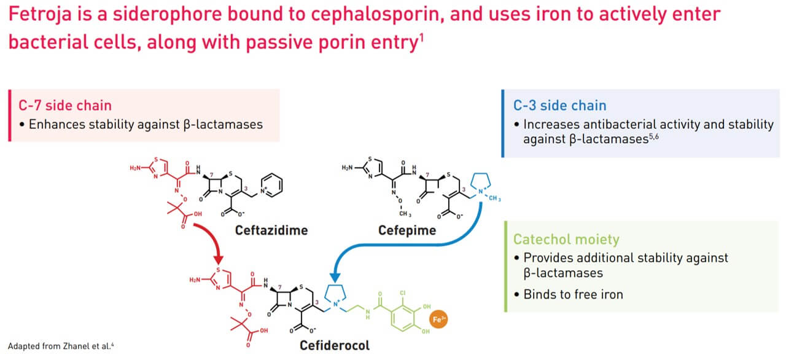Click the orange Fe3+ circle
438,319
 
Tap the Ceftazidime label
271,230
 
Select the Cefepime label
407,230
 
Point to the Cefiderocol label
335,345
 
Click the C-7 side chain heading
65,105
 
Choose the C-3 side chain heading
559,105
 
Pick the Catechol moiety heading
566,240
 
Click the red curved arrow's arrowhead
218,260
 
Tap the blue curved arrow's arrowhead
335,278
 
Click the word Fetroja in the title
41,14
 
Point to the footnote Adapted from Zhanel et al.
61,346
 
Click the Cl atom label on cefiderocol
402,292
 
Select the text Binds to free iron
574,294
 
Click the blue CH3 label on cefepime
494,198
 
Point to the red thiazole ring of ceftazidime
158,168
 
